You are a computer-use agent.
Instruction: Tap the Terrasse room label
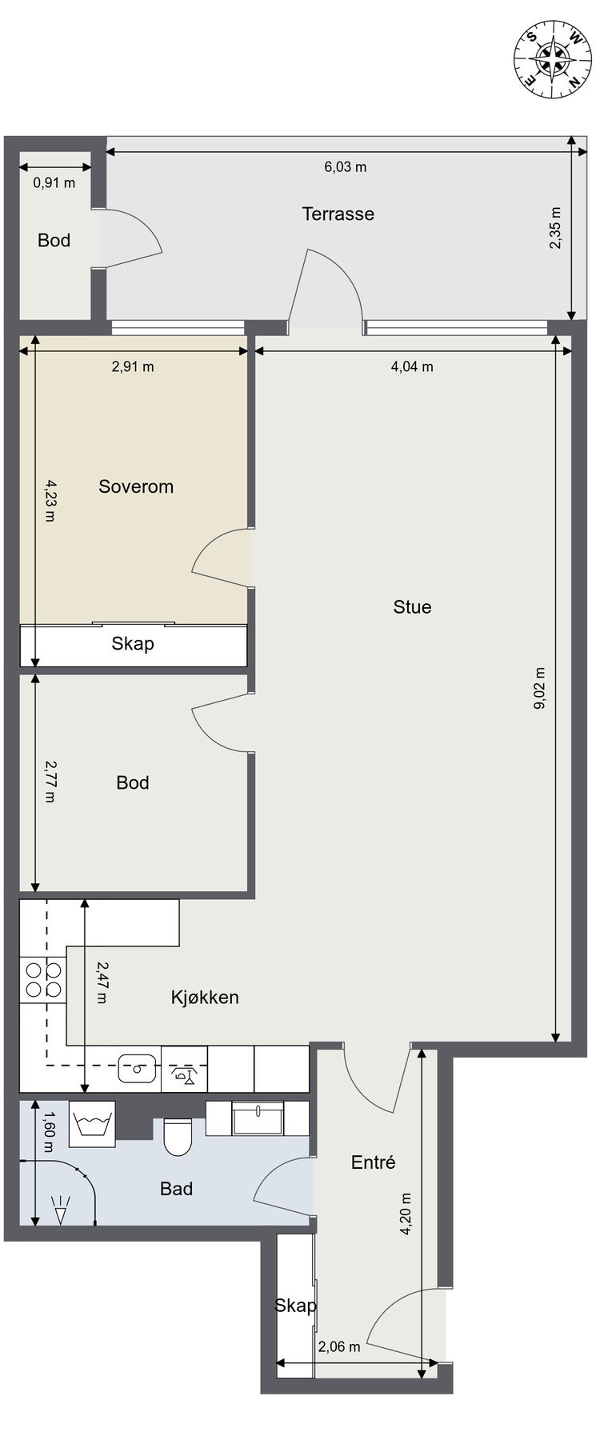pos(338,214)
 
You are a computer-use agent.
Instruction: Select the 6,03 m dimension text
pos(346,167)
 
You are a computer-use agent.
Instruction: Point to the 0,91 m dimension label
pos(54,182)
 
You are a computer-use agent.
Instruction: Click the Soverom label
pos(136,486)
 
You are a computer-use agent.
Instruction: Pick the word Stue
pos(412,606)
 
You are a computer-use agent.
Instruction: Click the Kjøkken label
pos(205,997)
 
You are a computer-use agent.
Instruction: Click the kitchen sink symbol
pos(137,1067)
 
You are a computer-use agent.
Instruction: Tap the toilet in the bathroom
pos(178,1137)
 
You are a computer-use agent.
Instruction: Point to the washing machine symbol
pos(93,1123)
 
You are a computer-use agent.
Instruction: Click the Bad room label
pos(176,1189)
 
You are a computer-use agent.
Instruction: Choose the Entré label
pos(374,1162)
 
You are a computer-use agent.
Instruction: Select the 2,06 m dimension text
pos(339,1346)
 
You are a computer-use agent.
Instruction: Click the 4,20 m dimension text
pos(407,1214)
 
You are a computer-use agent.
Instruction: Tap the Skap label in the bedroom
pos(133,643)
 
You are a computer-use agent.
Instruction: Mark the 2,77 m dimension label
pos(50,782)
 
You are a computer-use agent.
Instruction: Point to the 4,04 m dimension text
pos(412,366)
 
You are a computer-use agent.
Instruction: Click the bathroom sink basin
pos(258,1118)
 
